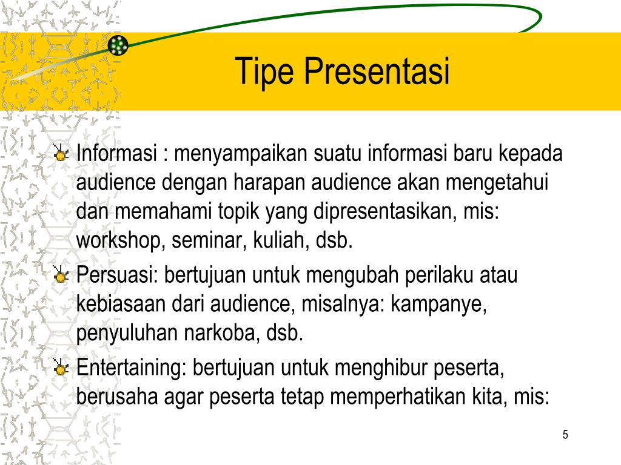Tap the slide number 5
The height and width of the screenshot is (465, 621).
point(565,435)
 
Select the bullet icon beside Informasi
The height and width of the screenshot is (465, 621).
point(61,154)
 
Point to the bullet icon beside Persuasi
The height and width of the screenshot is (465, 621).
point(61,276)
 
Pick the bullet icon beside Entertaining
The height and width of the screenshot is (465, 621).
point(61,368)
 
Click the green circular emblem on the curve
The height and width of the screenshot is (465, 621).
point(118,45)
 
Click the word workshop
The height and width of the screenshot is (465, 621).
point(121,242)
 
